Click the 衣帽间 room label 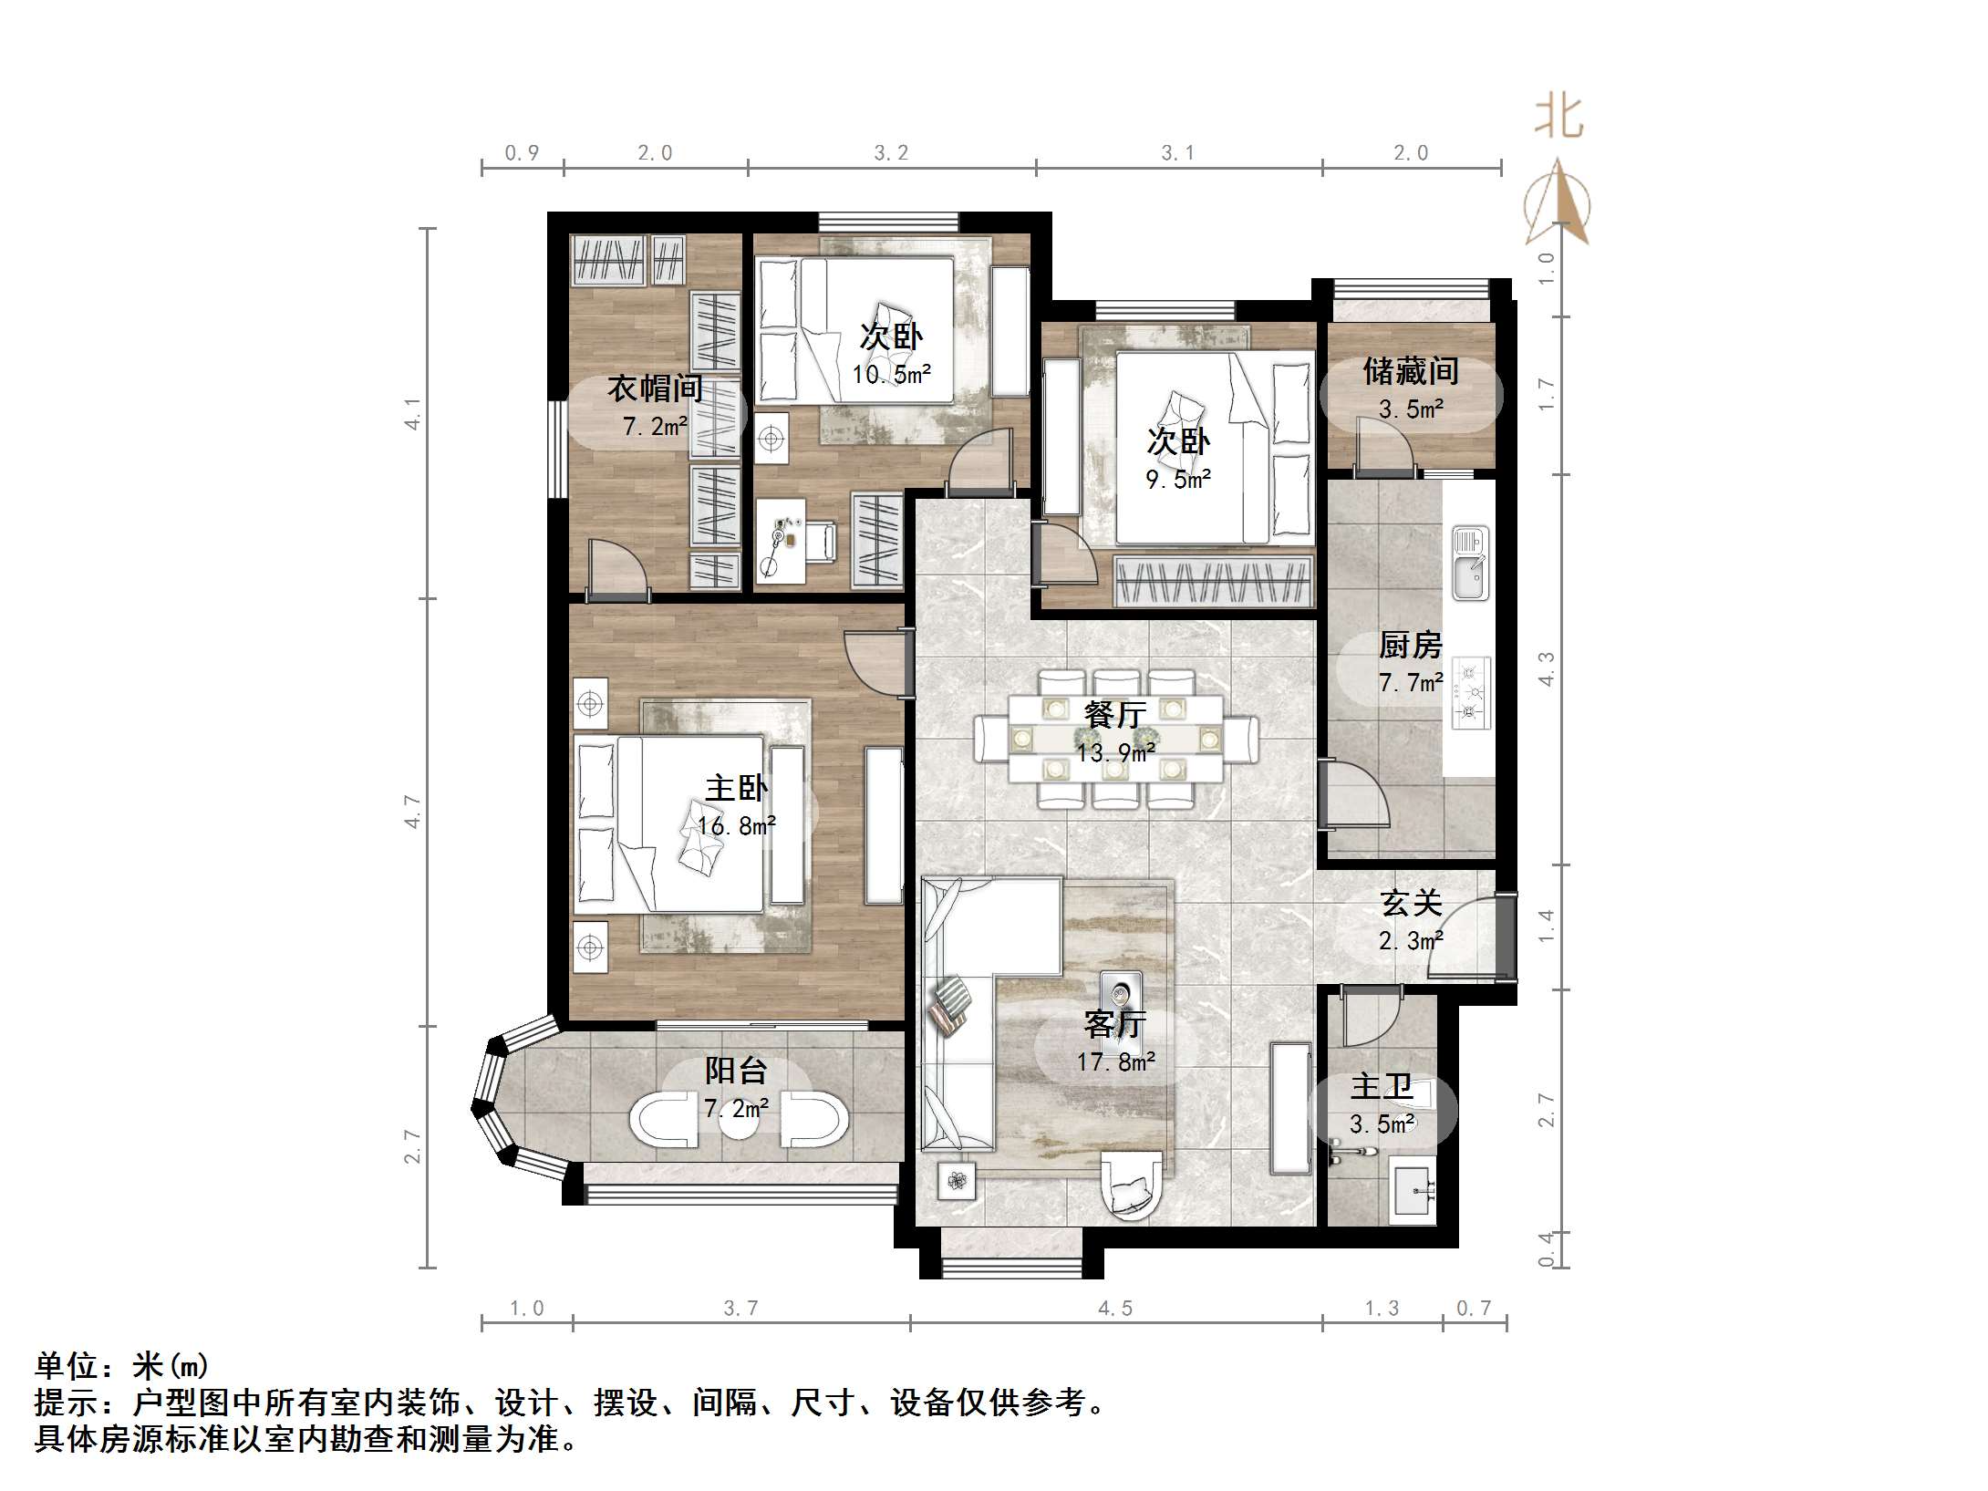point(655,389)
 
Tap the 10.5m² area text point(891,374)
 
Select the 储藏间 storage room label point(1410,371)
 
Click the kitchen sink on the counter point(1470,563)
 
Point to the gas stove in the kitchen point(1470,693)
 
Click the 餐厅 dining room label point(1114,714)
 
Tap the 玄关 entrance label point(1410,903)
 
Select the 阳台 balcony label point(735,1071)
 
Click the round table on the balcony point(738,1119)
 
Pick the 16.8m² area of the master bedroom point(736,826)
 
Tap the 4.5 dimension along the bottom point(1114,1309)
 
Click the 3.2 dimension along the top point(891,153)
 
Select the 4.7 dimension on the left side point(413,811)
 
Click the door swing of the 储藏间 point(1377,444)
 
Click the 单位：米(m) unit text point(122,1366)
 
